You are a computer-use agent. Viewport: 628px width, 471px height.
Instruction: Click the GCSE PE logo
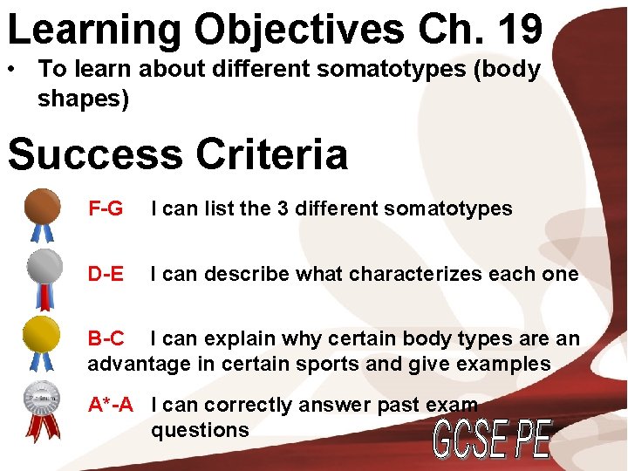(493, 440)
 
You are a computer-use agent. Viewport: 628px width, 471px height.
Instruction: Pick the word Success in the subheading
(93, 154)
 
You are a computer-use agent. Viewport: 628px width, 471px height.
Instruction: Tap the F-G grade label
(106, 209)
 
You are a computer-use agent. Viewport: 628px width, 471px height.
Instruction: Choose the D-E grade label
(106, 275)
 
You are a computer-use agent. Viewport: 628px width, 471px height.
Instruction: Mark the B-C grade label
(106, 338)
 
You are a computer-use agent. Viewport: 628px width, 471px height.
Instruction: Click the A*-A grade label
(111, 405)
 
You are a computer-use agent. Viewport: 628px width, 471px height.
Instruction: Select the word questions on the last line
(200, 430)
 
